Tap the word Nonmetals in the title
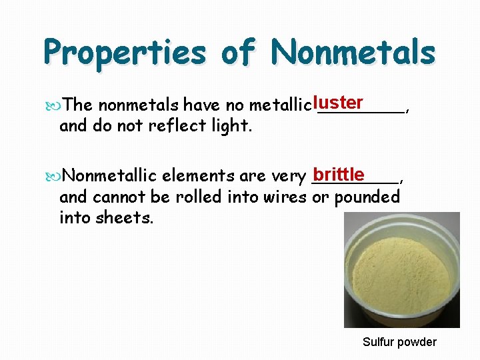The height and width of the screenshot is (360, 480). [x=353, y=51]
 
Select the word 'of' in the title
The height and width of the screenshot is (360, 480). [x=239, y=51]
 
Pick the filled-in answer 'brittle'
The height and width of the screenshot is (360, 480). [x=339, y=175]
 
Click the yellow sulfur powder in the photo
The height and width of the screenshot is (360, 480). [x=393, y=273]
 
